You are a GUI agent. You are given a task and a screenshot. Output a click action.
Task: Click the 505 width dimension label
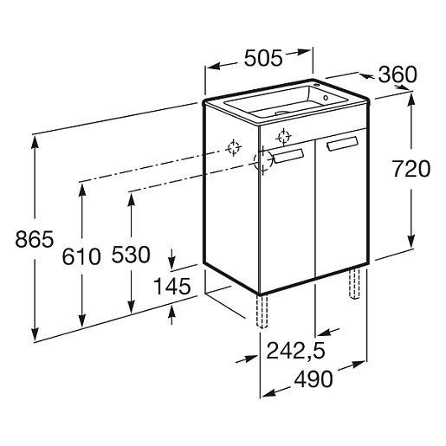[263, 58]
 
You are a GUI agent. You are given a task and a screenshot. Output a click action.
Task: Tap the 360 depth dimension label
[398, 74]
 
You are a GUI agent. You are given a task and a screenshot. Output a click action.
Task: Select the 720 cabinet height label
[411, 169]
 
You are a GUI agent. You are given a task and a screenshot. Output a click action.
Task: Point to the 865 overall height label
[35, 239]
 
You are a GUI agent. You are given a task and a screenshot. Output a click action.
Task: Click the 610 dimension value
[81, 256]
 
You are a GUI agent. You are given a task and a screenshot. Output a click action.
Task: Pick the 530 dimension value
[131, 255]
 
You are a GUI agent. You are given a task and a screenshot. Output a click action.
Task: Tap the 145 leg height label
[172, 287]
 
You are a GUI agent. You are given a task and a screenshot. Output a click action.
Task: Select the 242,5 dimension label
[295, 352]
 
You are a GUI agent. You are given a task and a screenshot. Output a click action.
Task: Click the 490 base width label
[313, 379]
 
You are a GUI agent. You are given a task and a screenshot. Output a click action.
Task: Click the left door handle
[288, 156]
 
